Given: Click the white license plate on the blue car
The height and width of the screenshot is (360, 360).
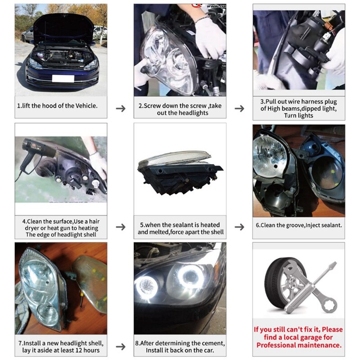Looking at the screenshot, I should (x=63, y=78).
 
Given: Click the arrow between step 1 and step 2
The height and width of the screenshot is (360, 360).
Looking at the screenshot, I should (x=121, y=108).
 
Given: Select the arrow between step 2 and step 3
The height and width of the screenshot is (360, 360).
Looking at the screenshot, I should (x=240, y=108).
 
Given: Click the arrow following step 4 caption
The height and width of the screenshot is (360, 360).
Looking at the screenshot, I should (x=121, y=227).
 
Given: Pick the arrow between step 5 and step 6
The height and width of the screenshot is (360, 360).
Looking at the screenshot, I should (x=240, y=227).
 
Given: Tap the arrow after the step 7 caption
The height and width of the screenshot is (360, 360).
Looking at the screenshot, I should (x=121, y=346).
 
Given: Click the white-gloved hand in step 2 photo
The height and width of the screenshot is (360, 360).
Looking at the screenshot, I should (x=209, y=36).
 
